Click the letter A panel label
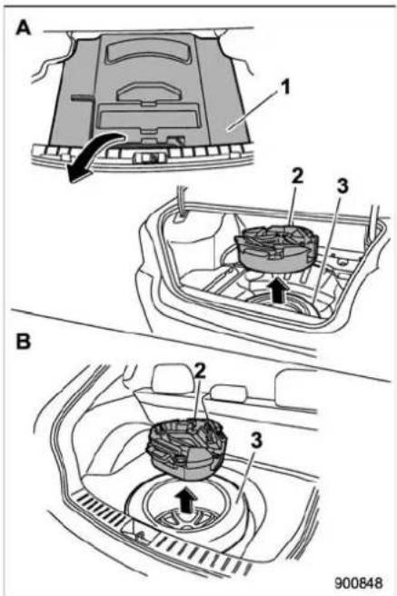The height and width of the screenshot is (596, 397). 24,28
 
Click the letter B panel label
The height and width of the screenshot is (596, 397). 24,342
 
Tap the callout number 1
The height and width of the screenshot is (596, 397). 284,87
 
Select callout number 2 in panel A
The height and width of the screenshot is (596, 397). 297,176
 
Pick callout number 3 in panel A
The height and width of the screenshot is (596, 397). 342,186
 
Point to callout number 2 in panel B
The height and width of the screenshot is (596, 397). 200,372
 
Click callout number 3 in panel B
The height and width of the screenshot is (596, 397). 256,441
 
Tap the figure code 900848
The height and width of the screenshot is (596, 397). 359,582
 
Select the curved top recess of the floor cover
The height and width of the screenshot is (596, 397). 147,50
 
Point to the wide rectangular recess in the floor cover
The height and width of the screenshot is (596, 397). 148,116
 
